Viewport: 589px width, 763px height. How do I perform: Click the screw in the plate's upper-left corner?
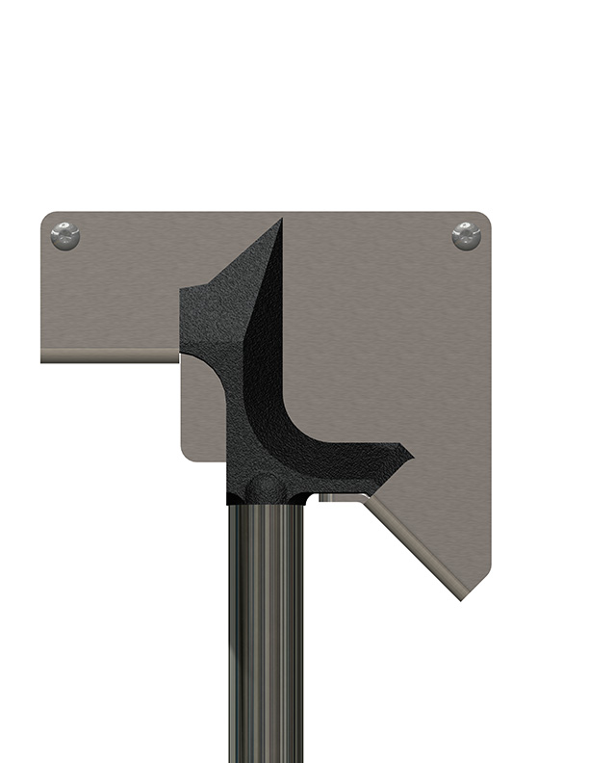click(65, 235)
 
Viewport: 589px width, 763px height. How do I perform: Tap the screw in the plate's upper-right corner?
click(467, 235)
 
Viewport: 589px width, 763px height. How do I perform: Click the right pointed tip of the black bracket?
click(412, 453)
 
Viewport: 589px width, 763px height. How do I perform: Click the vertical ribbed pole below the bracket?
click(268, 626)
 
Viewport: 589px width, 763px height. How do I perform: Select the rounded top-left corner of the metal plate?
click(46, 218)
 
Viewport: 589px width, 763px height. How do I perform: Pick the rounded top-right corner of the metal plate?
click(485, 218)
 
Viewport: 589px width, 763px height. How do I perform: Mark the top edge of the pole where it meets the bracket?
click(268, 504)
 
